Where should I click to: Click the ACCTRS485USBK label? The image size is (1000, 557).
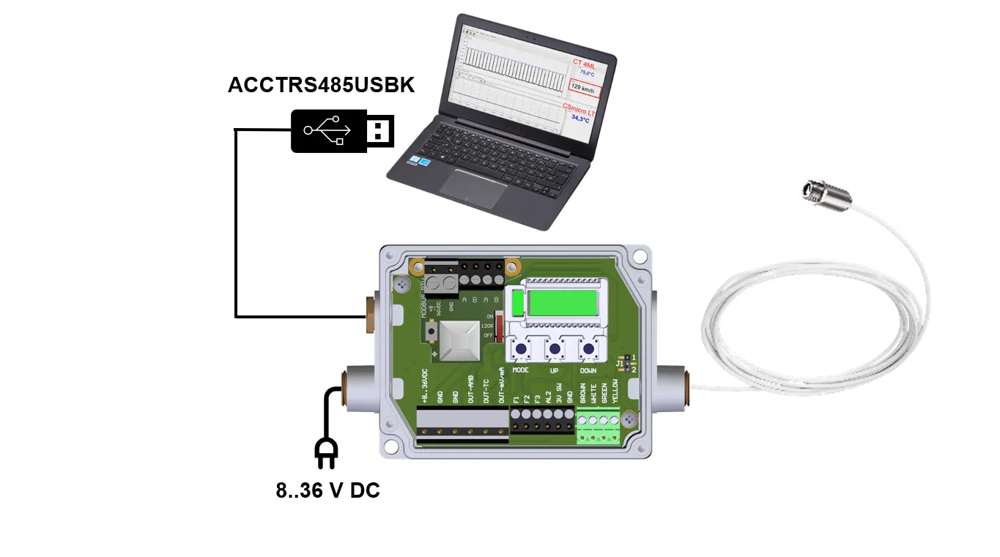click(321, 85)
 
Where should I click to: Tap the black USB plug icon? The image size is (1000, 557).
click(342, 131)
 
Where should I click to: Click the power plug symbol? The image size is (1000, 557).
click(326, 452)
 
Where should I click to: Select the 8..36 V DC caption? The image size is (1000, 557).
click(327, 490)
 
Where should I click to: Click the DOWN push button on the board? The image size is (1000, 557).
click(588, 349)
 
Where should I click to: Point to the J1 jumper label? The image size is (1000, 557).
click(620, 363)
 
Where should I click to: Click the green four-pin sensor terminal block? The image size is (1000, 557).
click(599, 429)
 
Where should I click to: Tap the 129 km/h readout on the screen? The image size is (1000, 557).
click(584, 89)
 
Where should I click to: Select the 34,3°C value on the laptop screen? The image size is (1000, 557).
click(581, 119)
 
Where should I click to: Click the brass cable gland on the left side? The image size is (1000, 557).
click(366, 315)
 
